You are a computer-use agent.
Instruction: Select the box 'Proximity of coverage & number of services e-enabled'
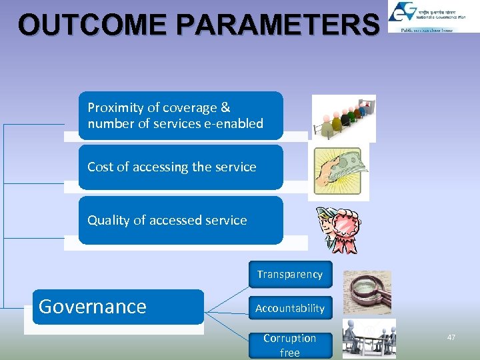click(x=181, y=115)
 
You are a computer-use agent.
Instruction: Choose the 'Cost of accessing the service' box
click(x=181, y=167)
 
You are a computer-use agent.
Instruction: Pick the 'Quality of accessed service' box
click(x=181, y=220)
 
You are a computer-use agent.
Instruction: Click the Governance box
click(x=118, y=307)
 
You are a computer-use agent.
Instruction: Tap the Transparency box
click(x=290, y=274)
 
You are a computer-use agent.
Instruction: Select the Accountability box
click(x=290, y=308)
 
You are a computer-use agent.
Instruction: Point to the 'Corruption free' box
click(x=290, y=345)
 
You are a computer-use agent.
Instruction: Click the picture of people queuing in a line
click(x=343, y=118)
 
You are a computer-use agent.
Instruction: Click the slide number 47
click(x=451, y=338)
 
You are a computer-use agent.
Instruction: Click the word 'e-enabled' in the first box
click(x=236, y=124)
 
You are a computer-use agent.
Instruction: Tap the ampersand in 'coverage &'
click(x=225, y=107)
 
